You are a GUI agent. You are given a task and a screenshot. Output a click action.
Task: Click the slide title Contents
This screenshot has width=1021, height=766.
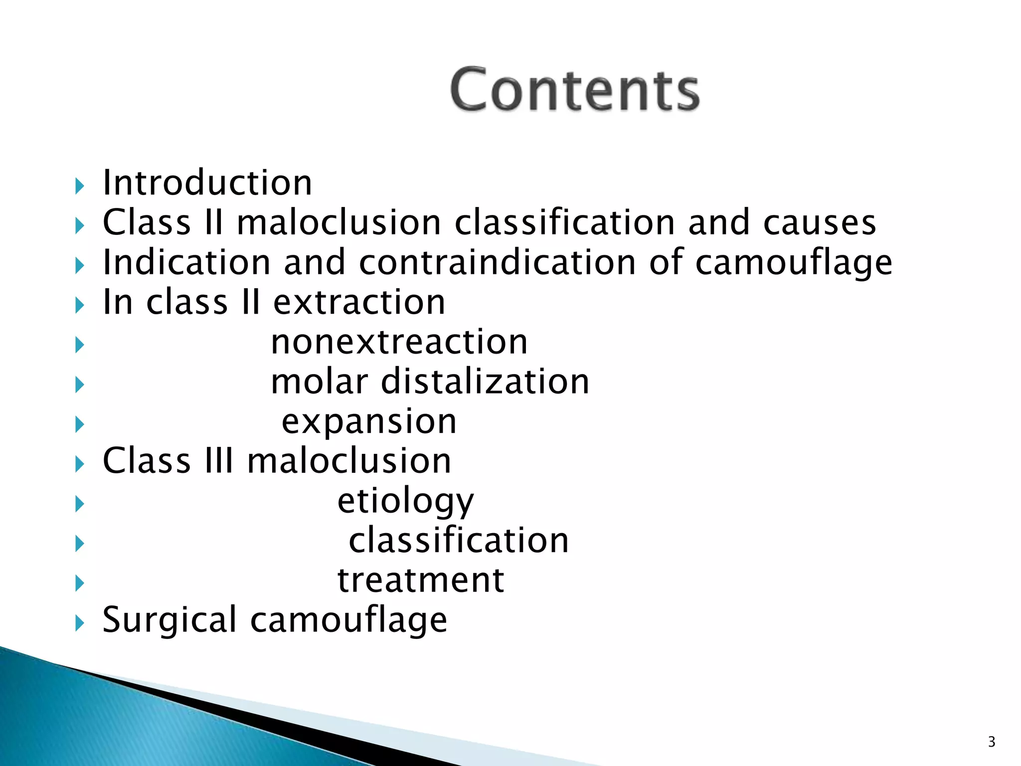(575, 90)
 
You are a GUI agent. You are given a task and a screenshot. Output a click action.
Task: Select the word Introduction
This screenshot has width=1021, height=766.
(207, 183)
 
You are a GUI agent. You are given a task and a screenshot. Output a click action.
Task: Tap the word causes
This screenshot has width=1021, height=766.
(820, 222)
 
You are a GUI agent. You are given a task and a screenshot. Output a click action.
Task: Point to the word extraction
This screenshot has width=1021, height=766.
(359, 302)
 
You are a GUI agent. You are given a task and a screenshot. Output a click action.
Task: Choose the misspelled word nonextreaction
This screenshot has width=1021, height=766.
(399, 342)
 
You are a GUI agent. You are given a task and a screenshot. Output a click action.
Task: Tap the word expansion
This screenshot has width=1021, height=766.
(369, 422)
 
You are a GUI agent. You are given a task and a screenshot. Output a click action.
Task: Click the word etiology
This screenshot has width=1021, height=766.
(405, 501)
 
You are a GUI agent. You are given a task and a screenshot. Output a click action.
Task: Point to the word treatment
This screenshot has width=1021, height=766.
(421, 580)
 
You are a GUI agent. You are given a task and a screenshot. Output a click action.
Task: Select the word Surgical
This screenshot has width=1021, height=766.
(170, 620)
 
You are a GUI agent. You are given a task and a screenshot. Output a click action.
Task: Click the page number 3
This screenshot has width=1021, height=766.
(991, 742)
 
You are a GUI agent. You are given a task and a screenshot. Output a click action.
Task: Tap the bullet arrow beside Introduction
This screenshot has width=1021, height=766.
(79, 187)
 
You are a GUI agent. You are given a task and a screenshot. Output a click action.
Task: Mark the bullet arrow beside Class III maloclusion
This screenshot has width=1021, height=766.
(79, 464)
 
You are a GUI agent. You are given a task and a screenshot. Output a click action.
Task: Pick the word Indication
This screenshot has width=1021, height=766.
(186, 262)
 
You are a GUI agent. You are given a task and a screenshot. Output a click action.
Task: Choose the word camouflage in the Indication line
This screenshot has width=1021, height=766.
(794, 263)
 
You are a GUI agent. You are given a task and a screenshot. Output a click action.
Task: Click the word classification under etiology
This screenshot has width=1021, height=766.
(459, 541)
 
